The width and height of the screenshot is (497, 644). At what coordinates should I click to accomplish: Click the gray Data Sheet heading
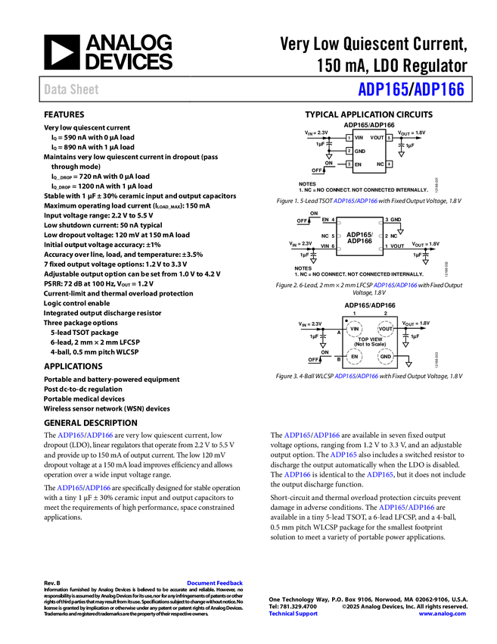click(x=72, y=89)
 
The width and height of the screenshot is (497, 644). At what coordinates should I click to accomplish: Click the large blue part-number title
click(x=411, y=89)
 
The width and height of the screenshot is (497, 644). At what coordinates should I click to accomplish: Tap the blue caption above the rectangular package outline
click(x=355, y=202)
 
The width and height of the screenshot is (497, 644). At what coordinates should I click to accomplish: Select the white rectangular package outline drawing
click(x=359, y=236)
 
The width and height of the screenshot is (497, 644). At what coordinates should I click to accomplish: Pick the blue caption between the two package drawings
click(x=394, y=285)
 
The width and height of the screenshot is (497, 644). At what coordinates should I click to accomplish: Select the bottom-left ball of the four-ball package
click(x=354, y=355)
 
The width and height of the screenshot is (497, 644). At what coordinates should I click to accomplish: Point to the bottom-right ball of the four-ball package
click(x=385, y=355)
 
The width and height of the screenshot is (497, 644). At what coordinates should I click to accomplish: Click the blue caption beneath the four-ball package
click(x=356, y=376)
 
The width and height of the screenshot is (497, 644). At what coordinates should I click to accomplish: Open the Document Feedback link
click(x=216, y=583)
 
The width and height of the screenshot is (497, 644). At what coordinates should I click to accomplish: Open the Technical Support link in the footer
click(x=294, y=614)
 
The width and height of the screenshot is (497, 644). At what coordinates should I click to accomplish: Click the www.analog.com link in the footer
click(x=441, y=614)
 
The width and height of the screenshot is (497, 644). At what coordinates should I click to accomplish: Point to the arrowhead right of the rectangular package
click(x=400, y=232)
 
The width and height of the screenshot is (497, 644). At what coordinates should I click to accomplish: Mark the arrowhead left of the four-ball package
click(x=323, y=345)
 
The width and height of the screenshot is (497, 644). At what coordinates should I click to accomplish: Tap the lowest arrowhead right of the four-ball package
click(x=409, y=364)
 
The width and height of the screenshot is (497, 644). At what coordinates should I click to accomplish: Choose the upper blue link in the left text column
click(x=85, y=435)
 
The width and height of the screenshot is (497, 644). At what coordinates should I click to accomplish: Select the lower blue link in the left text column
click(x=84, y=488)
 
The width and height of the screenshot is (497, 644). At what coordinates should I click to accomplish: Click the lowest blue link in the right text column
click(x=407, y=508)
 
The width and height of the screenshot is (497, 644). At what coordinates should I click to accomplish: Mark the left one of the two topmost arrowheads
click(x=329, y=156)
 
